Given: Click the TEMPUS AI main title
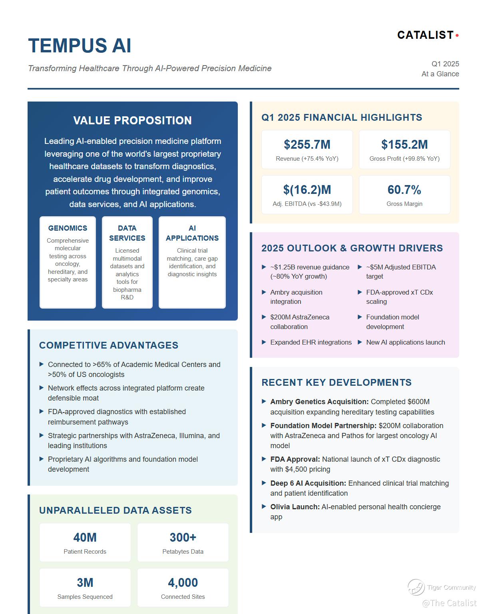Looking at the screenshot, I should coord(80,46).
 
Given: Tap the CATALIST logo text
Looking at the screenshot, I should coord(425,35).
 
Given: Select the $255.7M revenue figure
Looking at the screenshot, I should coord(307,144).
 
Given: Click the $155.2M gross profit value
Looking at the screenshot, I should coord(404,144).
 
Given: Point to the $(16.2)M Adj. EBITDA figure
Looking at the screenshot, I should coord(307,190).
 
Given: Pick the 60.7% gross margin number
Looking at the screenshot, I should coord(404,190).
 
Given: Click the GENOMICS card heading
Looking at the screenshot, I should coord(68,228).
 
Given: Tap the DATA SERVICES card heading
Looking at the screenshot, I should coord(127,233).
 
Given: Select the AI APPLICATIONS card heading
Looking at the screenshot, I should coord(192,233).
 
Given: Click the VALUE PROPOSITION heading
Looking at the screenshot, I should coord(132,120).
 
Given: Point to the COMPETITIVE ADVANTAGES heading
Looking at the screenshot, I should coord(109,345).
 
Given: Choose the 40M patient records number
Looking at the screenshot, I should coord(85,538).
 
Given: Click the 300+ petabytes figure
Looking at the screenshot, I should coord(183,538).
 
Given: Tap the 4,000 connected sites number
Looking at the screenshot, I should coord(183,583).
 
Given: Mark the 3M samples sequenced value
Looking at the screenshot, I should coord(85,583).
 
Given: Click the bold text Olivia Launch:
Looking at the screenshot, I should coord(295,507).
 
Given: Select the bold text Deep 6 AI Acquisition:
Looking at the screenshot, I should coord(308,483).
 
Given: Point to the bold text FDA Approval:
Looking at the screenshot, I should coord(295,459).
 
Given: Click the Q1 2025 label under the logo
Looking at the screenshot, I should coord(445,64).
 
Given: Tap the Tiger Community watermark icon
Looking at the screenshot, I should coord(416,587).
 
